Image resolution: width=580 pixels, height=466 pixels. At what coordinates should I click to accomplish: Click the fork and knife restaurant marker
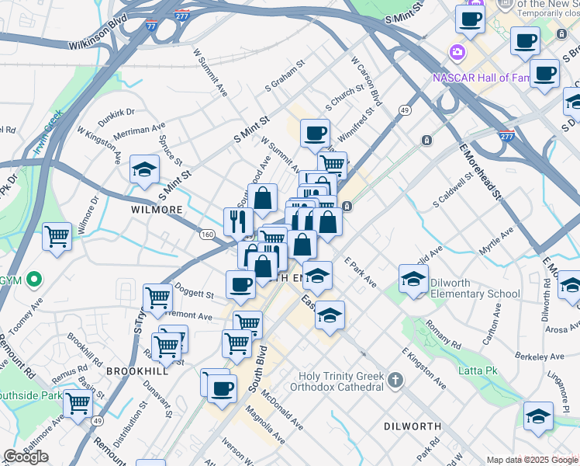[238, 221]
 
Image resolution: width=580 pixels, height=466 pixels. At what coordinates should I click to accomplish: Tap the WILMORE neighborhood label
[157, 210]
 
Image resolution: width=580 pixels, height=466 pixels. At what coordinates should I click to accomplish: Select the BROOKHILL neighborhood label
[137, 371]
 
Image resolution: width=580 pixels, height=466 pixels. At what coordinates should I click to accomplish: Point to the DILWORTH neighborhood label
[413, 426]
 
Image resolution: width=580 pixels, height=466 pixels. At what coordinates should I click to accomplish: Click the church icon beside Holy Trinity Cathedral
[395, 381]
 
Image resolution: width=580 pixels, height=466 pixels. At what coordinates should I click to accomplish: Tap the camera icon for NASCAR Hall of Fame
[457, 52]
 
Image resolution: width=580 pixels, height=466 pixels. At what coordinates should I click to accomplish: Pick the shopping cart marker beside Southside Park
[78, 403]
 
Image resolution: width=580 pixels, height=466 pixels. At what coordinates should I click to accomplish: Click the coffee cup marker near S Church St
[314, 133]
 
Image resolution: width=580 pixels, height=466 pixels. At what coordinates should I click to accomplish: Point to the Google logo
[26, 457]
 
